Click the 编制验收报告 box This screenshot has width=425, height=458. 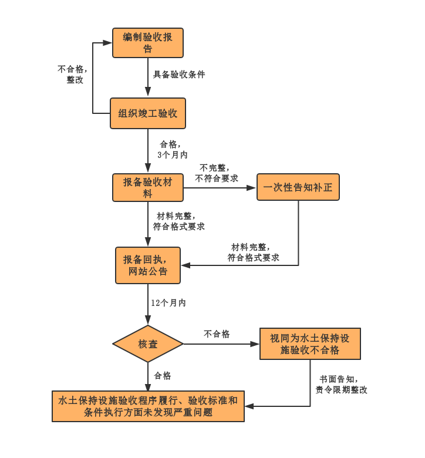pyautogui.click(x=148, y=43)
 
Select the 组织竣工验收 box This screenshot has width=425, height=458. pyautogui.click(x=148, y=113)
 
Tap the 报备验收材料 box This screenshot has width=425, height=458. pyautogui.click(x=148, y=187)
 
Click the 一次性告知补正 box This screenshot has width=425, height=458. pyautogui.click(x=298, y=188)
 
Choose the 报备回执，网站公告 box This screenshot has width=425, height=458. pyautogui.click(x=148, y=265)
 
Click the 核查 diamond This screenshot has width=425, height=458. pyautogui.click(x=148, y=343)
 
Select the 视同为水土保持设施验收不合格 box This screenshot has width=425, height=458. pyautogui.click(x=310, y=343)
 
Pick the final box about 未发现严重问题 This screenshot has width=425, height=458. pyautogui.click(x=148, y=406)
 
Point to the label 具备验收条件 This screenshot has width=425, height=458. pyautogui.click(x=179, y=75)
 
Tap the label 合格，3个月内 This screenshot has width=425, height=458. pyautogui.click(x=172, y=149)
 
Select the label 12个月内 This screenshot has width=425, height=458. pyautogui.click(x=168, y=303)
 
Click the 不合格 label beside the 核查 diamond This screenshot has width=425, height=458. pyautogui.click(x=217, y=334)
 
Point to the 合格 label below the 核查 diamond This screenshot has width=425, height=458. pyautogui.click(x=163, y=376)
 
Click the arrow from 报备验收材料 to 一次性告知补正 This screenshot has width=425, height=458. pyautogui.click(x=220, y=188)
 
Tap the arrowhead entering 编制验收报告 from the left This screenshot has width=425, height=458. pyautogui.click(x=107, y=43)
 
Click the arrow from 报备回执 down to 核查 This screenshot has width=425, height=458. pyautogui.click(x=148, y=304)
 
